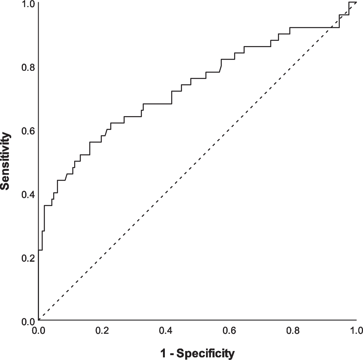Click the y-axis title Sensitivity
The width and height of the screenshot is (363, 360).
[5, 161]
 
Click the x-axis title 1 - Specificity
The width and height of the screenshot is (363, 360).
[197, 353]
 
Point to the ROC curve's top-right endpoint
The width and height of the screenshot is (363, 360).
[356, 2]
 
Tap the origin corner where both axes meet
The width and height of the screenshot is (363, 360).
[39, 321]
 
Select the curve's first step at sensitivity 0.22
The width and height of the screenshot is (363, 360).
[40, 250]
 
